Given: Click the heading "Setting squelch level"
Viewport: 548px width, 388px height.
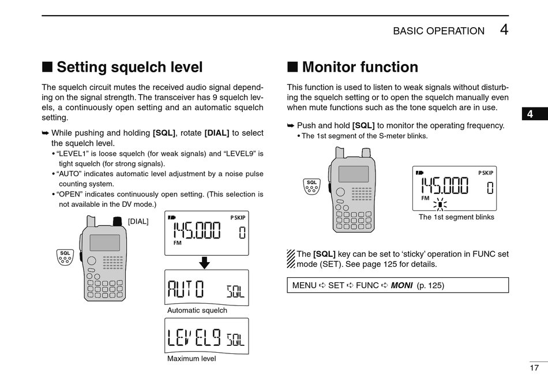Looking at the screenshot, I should [129, 68].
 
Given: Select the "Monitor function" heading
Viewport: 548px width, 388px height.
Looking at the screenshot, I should [360, 68].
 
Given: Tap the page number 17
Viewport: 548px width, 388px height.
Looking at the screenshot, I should [534, 368].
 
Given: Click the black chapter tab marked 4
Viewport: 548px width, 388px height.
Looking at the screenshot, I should [530, 114].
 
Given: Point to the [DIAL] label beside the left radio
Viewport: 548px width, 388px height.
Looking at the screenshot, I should [138, 221].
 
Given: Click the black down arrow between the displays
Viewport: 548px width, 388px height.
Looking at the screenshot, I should [204, 263].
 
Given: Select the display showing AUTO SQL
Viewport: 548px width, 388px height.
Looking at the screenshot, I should [207, 288].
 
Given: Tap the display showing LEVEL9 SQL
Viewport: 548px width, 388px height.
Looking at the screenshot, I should [207, 336].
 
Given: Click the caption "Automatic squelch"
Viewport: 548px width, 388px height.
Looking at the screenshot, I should [197, 311].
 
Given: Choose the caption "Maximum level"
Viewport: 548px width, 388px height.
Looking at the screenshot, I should [192, 359].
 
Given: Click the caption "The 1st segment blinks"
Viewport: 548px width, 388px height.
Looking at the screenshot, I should [456, 218].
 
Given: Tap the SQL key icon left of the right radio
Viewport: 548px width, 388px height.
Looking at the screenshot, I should [311, 186].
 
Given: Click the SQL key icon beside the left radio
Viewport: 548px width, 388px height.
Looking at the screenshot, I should [65, 256].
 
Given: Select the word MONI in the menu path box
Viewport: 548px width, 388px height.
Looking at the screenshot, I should [401, 285].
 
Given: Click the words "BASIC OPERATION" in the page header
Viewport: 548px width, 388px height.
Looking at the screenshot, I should [438, 31].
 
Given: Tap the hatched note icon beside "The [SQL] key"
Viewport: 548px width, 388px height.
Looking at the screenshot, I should [291, 259].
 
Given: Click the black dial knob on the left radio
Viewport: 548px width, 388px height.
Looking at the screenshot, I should [118, 221].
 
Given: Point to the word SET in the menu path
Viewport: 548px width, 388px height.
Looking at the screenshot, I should [336, 285].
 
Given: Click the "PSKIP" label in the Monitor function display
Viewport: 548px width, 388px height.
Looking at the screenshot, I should [486, 173].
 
